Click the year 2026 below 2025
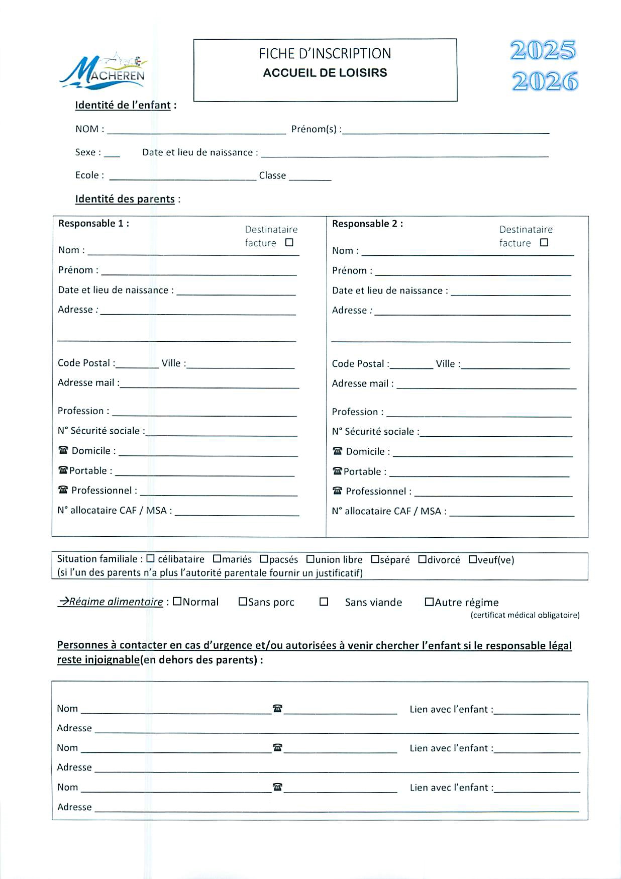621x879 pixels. point(545,81)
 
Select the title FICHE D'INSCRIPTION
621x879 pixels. point(325,54)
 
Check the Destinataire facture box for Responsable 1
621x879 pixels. point(289,243)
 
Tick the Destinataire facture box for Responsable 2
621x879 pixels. point(544,243)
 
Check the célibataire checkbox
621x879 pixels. point(150,559)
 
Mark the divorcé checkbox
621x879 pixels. point(422,559)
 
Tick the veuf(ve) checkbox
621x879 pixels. point(472,559)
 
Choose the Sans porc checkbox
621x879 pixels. point(243,602)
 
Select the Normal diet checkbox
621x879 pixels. point(177,602)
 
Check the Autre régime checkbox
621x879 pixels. point(429,602)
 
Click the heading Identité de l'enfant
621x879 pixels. point(123,105)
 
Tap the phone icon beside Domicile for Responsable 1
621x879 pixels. point(63,450)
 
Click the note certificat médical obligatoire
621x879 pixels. point(525,615)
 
